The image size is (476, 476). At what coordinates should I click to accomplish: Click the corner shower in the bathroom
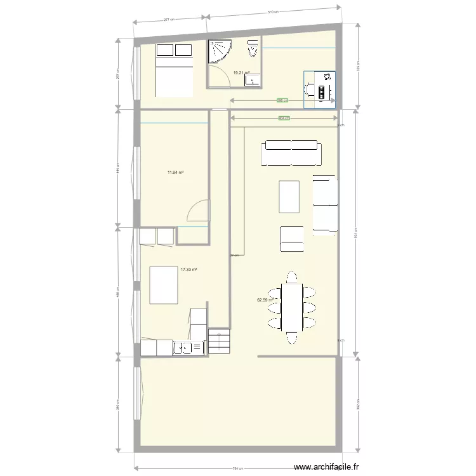pos(220,52)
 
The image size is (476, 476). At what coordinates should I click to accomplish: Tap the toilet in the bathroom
pos(253,49)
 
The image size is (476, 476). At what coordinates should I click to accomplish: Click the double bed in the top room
pos(174,70)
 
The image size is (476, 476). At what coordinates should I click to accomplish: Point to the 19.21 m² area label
pos(242,73)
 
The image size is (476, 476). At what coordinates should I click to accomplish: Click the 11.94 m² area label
pos(176,172)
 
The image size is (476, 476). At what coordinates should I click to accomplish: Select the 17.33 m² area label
pos(188,270)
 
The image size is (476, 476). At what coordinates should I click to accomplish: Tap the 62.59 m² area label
pos(265,300)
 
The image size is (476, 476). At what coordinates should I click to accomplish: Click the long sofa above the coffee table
pos(291,153)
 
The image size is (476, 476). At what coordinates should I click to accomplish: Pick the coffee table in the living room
pos(289,197)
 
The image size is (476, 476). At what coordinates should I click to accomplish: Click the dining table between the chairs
pos(291,307)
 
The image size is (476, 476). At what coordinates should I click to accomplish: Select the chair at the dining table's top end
pos(291,277)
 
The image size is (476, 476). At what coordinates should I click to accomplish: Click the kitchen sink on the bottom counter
pos(183,348)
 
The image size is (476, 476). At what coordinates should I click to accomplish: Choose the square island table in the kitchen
pos(163,286)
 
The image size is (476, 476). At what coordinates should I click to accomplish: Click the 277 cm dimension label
pos(169,20)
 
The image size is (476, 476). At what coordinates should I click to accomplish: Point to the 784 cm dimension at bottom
pos(237,469)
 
